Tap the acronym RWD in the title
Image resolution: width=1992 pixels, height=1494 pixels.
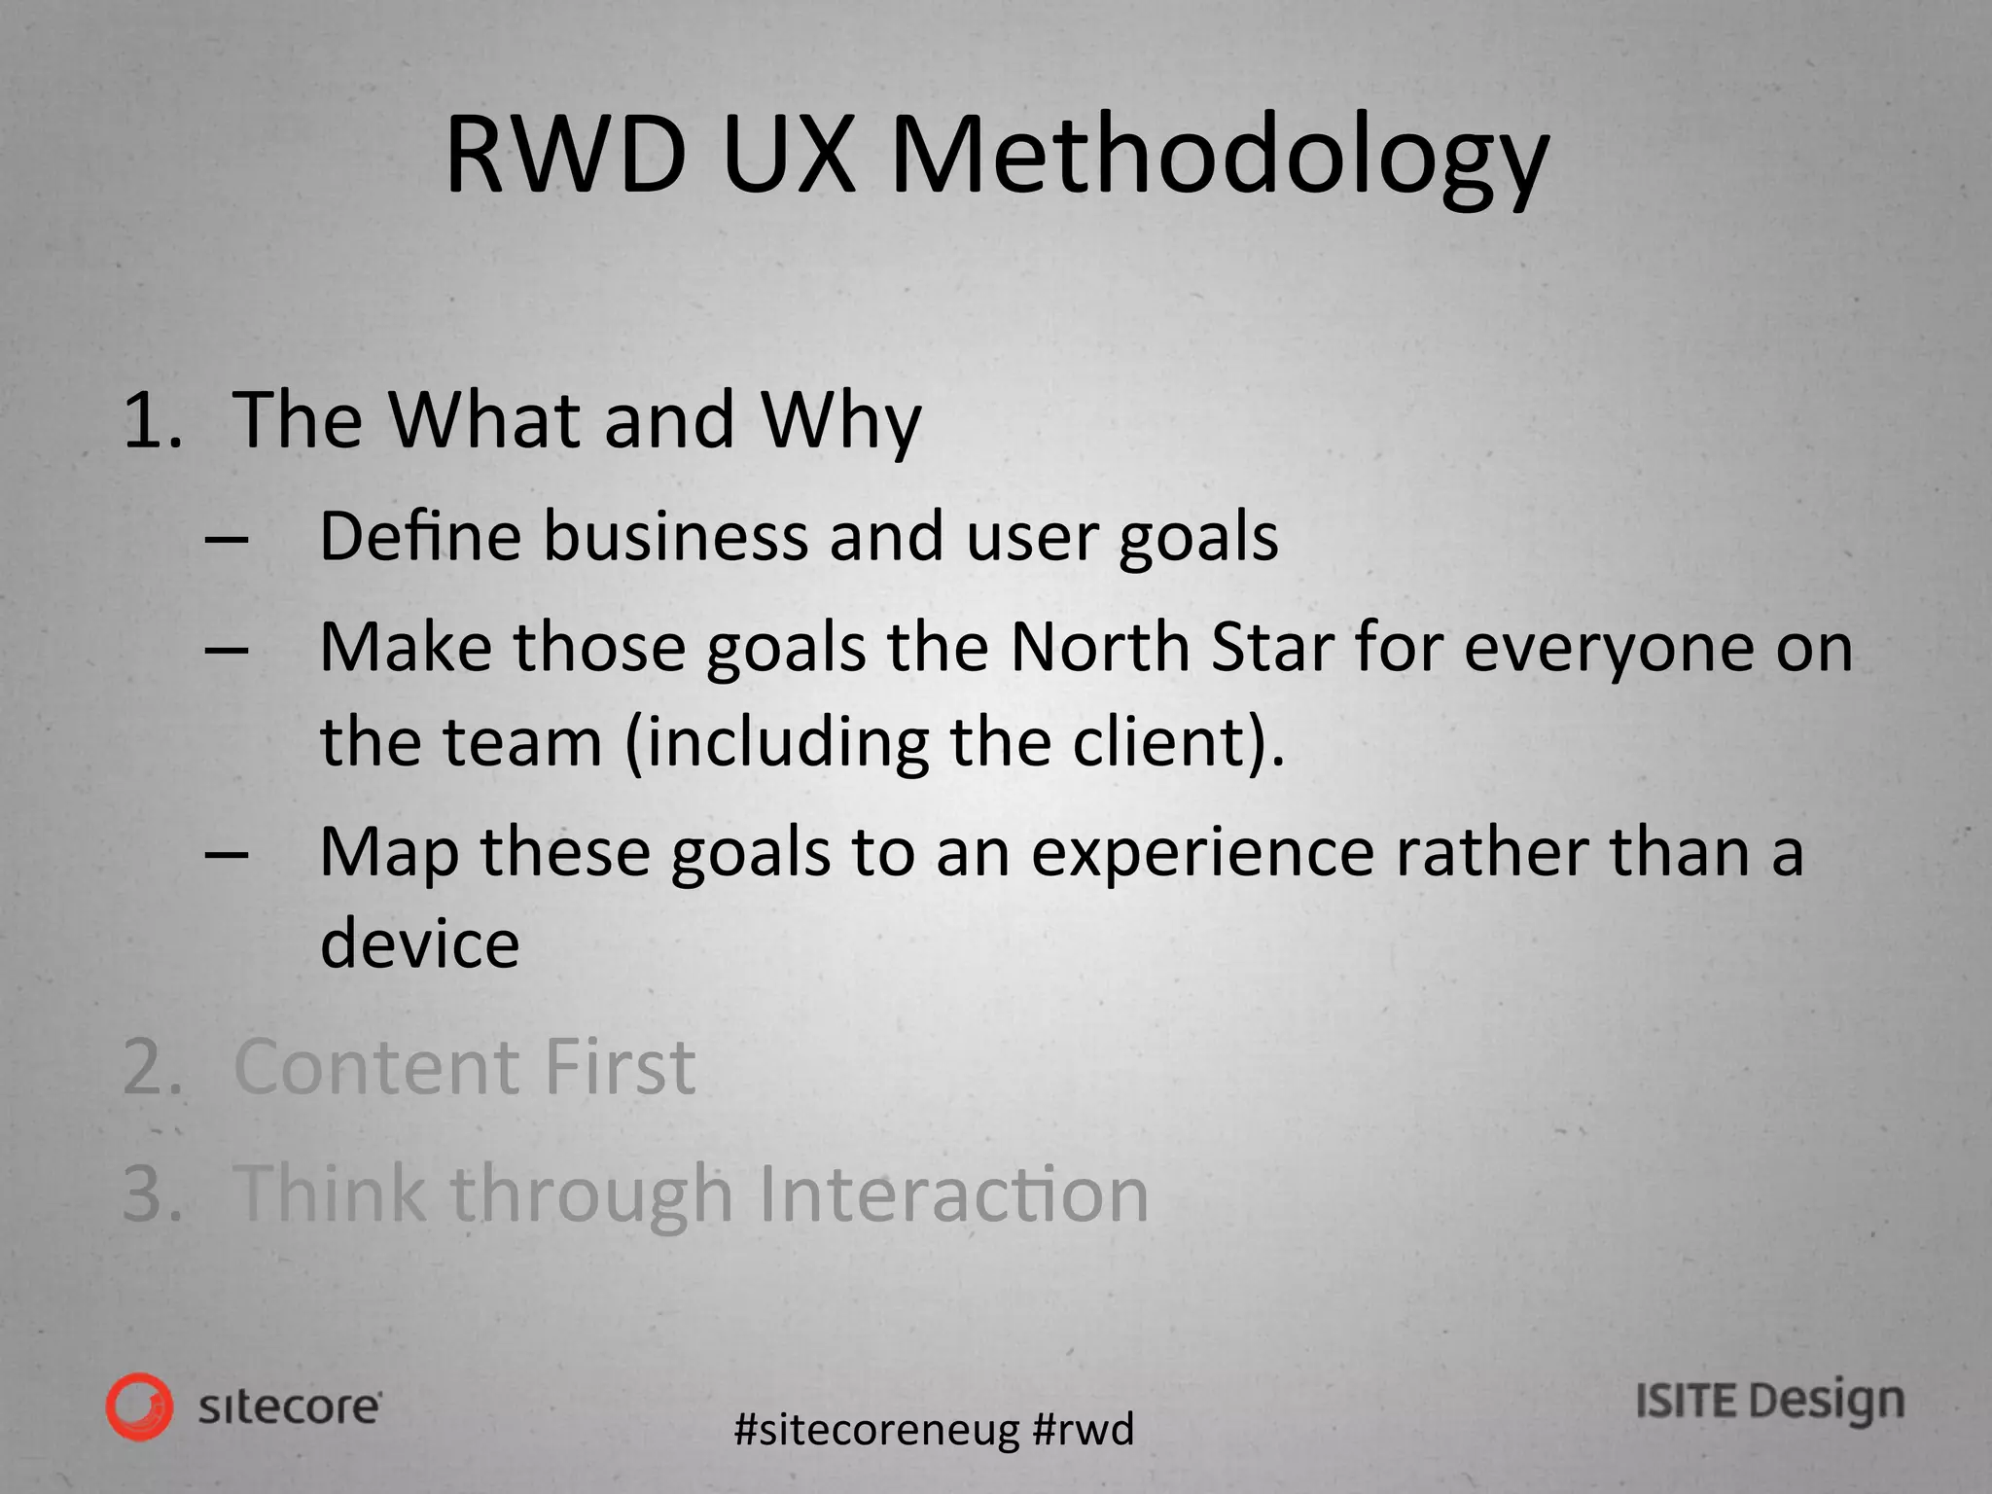tap(565, 156)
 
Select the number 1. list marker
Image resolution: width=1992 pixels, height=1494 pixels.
tap(152, 420)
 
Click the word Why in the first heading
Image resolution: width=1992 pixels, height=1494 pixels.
tap(840, 420)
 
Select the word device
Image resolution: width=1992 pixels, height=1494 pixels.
tap(419, 943)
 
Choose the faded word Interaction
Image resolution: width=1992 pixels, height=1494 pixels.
tap(952, 1193)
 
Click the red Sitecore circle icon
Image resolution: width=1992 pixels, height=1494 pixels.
tap(140, 1406)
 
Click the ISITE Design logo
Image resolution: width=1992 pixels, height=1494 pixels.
tap(1769, 1403)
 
